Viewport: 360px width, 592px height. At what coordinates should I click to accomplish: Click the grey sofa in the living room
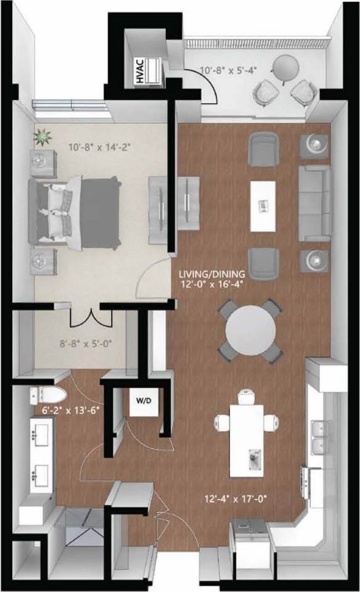coord(314,202)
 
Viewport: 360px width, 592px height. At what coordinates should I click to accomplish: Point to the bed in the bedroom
coord(77,213)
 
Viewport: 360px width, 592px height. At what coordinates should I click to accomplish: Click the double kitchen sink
coord(319,437)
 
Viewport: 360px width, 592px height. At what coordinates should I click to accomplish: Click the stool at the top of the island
coord(247,394)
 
